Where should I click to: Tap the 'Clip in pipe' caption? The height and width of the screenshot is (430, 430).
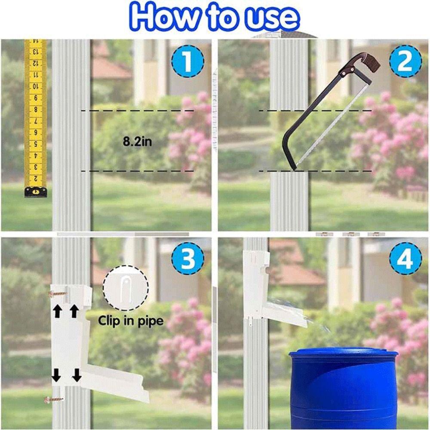[x=131, y=321]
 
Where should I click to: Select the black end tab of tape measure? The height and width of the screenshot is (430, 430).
[x=35, y=192]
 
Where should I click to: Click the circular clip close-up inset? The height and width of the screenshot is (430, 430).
[x=126, y=288]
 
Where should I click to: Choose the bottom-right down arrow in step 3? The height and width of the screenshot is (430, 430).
[x=77, y=375]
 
